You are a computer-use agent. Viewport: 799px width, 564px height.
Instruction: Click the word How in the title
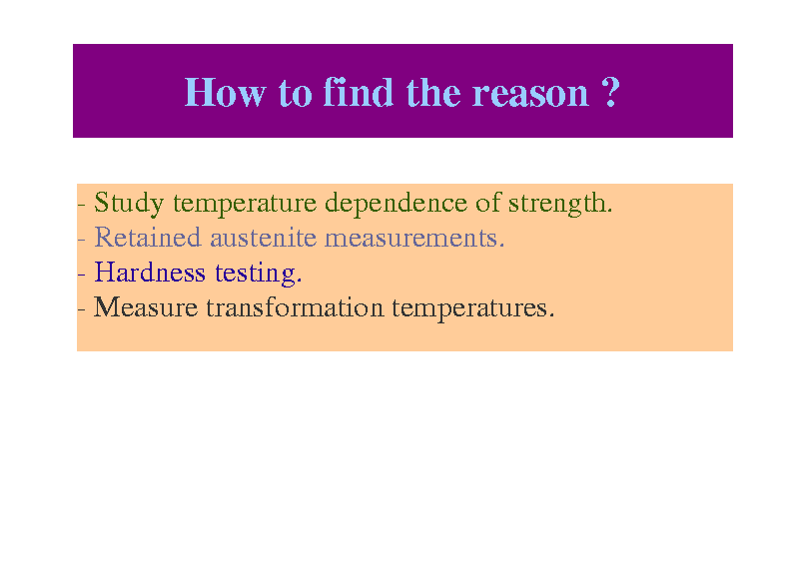[x=225, y=93]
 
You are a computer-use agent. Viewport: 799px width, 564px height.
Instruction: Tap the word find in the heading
[x=359, y=92]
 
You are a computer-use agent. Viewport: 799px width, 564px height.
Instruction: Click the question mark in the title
[x=610, y=92]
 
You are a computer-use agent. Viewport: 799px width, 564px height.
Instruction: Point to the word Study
[x=129, y=204]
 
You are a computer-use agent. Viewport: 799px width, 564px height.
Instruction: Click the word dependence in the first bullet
[x=396, y=204]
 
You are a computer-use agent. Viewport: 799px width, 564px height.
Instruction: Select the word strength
[x=560, y=204]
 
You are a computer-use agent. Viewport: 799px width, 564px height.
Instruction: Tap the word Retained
[x=148, y=238]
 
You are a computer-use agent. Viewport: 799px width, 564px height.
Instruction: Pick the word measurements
[x=414, y=239]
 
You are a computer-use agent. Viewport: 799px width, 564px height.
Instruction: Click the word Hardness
[x=150, y=273]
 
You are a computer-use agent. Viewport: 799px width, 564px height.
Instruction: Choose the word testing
[x=259, y=275]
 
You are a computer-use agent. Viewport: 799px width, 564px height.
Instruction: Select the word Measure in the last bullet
[x=146, y=307]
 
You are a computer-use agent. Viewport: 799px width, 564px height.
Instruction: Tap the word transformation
[x=295, y=307]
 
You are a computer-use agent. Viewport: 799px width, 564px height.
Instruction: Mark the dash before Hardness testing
[x=82, y=275]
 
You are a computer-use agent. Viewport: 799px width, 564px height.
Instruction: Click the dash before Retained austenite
[x=82, y=240]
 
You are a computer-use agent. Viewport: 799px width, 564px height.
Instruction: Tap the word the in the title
[x=433, y=93]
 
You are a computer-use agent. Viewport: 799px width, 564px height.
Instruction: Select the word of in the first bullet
[x=488, y=203]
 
